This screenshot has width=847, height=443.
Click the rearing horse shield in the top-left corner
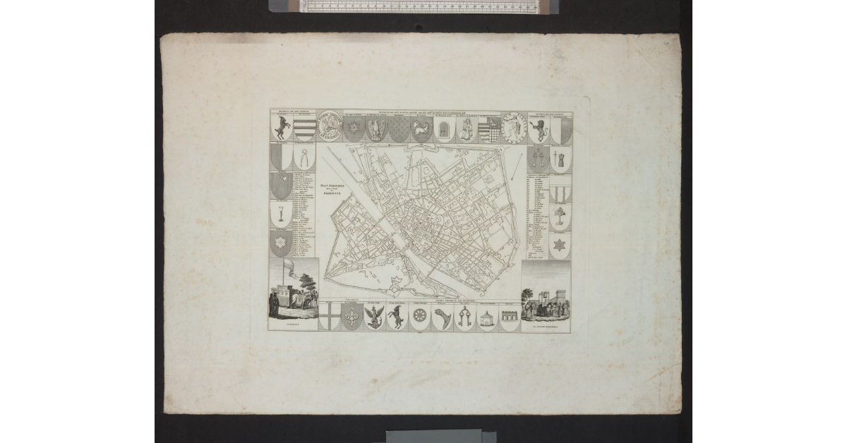282,128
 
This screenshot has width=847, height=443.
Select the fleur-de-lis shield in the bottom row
352,317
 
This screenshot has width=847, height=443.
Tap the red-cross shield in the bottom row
328,317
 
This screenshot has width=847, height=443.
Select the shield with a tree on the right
560,217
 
